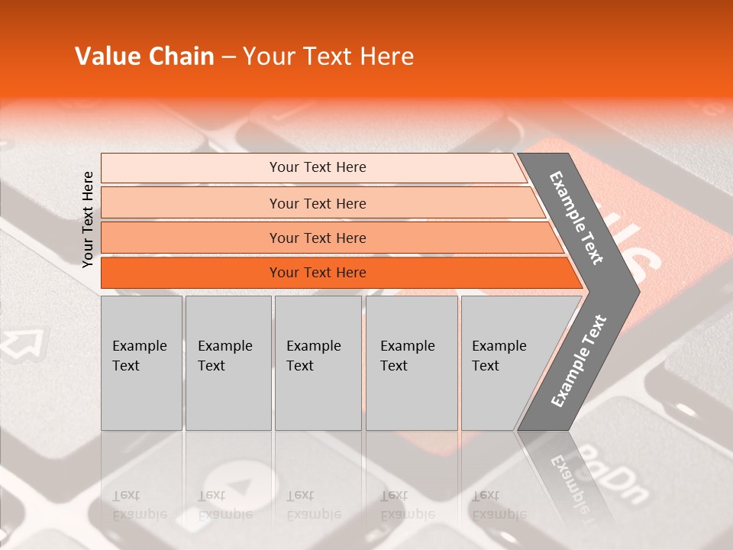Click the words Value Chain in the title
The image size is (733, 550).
click(x=144, y=57)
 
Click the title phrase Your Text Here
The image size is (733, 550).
click(x=328, y=57)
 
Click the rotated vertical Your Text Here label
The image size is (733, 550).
click(x=88, y=219)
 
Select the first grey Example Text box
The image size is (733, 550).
click(x=141, y=363)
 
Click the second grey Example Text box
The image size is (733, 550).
click(x=228, y=363)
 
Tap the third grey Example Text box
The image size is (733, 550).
click(x=317, y=363)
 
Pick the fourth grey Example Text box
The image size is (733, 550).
click(x=411, y=363)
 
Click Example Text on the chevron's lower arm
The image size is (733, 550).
click(x=579, y=361)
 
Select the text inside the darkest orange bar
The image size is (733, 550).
click(x=318, y=273)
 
